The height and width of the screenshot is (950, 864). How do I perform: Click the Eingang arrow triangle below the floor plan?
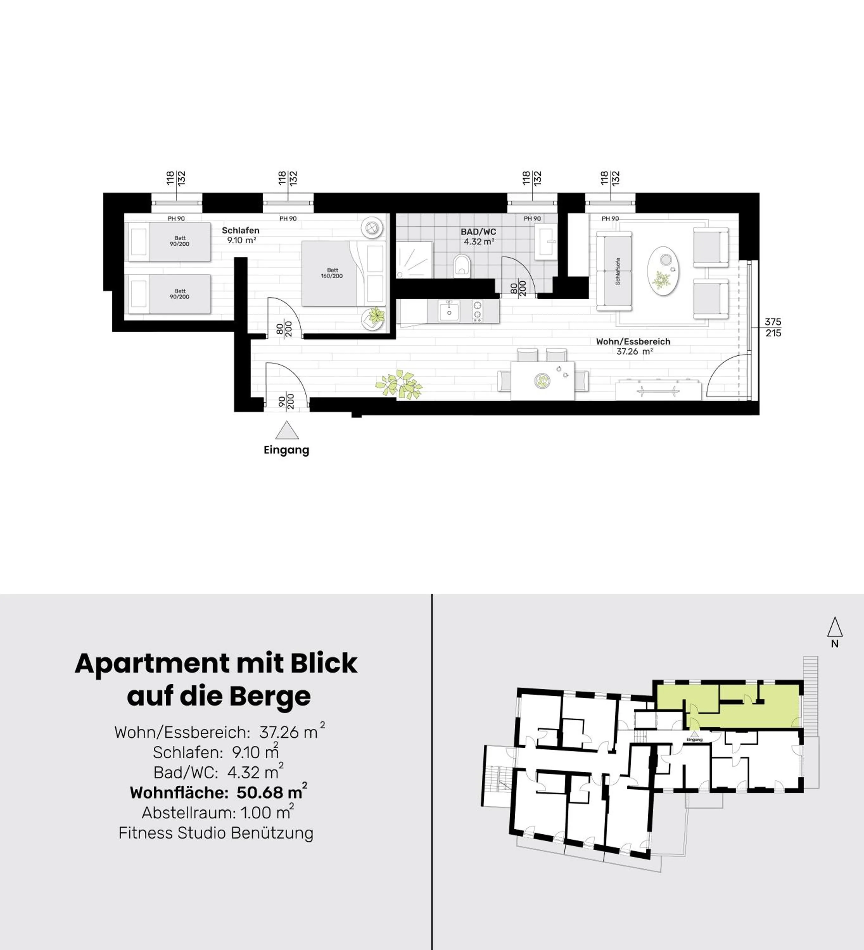coord(287,430)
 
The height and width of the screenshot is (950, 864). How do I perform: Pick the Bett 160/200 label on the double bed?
coord(332,273)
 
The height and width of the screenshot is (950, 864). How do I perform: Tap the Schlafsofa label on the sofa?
coord(618,271)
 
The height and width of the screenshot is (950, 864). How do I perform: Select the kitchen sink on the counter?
coord(449,311)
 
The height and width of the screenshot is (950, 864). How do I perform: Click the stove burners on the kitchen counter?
coord(478,311)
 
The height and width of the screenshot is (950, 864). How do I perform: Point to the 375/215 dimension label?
coord(773,327)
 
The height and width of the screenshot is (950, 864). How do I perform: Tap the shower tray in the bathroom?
coord(414,260)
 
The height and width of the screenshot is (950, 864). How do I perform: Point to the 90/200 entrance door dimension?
coord(286,402)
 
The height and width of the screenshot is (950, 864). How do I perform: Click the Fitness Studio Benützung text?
coord(216,833)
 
